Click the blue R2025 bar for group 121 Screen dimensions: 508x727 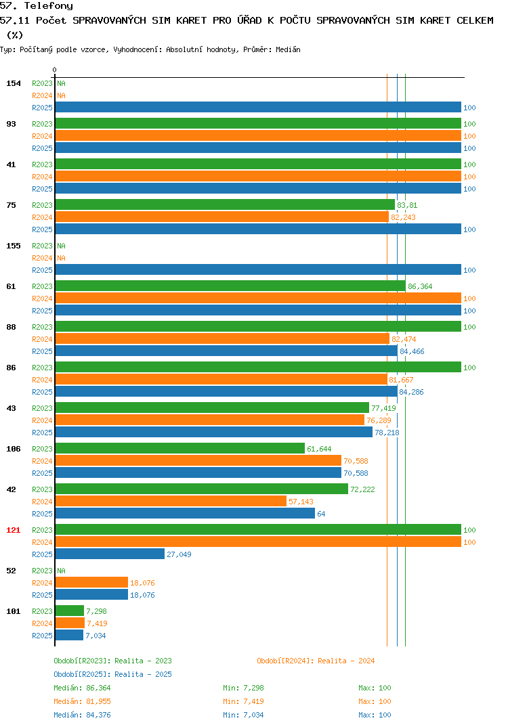coord(110,554)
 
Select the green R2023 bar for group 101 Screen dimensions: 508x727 coord(70,611)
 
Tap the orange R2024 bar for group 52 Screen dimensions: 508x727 coord(91,583)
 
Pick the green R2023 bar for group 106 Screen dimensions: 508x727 coord(180,448)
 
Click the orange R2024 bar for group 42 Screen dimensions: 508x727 coord(171,501)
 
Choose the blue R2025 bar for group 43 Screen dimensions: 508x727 coord(214,432)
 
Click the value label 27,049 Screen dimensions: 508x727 coord(179,554)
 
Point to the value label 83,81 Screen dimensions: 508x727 coord(407,205)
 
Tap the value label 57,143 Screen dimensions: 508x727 coord(301,502)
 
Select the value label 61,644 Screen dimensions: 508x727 coord(319,449)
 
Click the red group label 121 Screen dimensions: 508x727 coord(14,530)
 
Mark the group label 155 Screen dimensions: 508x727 coord(14,246)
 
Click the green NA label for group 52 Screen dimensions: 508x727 coord(61,571)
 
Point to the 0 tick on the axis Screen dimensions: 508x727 coord(55,70)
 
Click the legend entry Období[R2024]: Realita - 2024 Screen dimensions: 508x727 coord(316,661)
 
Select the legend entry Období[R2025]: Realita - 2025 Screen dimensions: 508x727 coord(112,674)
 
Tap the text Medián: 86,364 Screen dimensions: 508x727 coord(82,688)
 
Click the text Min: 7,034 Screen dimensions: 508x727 coord(243,715)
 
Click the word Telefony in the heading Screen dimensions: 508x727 coord(49,6)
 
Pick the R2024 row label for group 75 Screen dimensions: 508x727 coord(42,217)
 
